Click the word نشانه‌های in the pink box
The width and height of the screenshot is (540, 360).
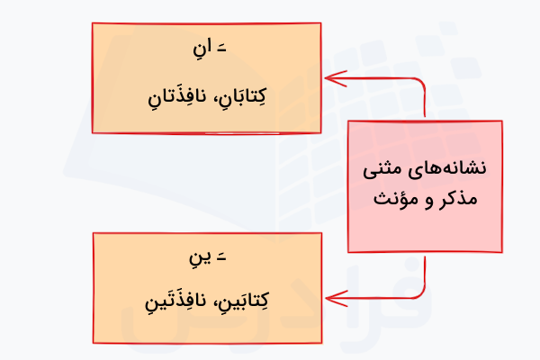pos(454,167)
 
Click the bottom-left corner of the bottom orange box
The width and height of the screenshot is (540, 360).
pos(94,341)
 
